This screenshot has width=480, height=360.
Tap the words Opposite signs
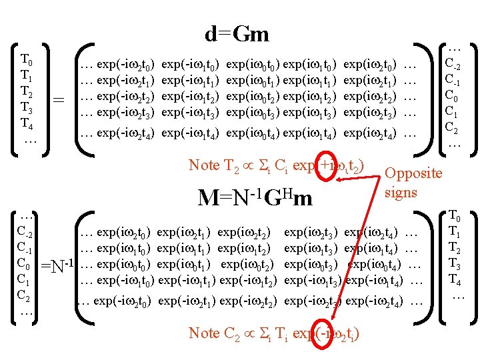413,183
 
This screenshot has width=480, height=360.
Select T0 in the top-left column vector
27,59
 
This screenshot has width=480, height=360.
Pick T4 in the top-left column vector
27,123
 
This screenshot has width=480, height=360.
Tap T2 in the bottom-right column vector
455,248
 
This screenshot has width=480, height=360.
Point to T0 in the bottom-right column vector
455,217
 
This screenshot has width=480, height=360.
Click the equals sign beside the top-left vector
59,101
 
